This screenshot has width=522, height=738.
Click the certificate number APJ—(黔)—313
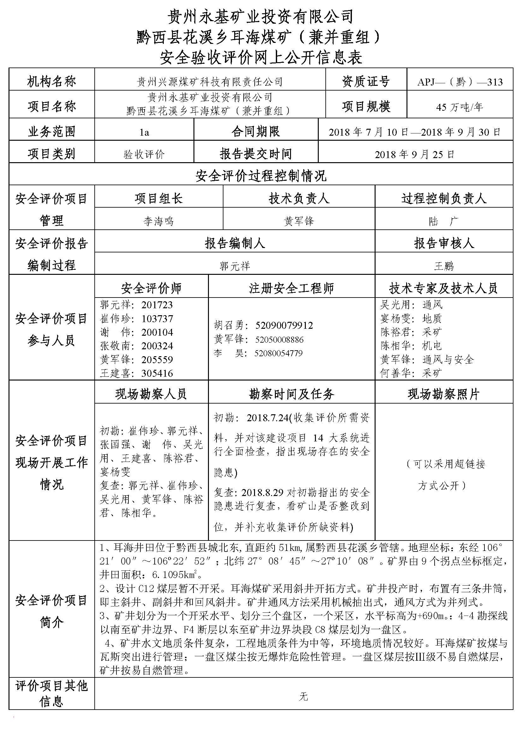point(460,82)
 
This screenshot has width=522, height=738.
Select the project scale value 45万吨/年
point(459,107)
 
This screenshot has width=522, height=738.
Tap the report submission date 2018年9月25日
point(415,155)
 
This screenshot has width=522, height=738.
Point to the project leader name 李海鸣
point(158,221)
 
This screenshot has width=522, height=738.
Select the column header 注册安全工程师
point(291,288)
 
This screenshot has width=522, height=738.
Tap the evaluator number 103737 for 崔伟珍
point(157,319)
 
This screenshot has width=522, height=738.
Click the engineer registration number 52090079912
point(284,325)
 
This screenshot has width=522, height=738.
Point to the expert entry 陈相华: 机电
point(411,346)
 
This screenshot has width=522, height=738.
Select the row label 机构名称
point(51,82)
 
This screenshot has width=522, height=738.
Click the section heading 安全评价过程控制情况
point(261,176)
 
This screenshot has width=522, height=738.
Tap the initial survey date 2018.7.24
point(267,418)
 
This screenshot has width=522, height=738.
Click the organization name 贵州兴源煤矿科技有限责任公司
point(210,82)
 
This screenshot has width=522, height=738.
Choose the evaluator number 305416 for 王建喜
point(157,373)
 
